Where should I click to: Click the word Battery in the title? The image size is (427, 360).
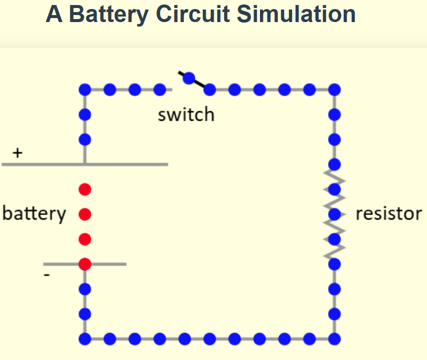[x=108, y=15]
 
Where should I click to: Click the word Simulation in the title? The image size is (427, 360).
[x=296, y=15]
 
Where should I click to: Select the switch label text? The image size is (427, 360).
[x=186, y=115]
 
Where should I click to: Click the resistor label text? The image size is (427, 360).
[x=388, y=214]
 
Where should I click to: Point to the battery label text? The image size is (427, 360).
[x=34, y=214]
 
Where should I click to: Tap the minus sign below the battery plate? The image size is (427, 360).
[x=47, y=275]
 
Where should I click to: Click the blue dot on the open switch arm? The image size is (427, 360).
[x=189, y=78]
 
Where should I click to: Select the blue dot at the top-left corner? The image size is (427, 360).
[x=85, y=90]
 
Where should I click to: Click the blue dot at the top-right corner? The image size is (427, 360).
[x=335, y=90]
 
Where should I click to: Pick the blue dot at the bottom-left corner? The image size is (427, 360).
[x=85, y=338]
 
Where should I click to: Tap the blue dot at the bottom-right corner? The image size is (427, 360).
[x=335, y=338]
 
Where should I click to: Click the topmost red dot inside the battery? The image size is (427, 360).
[x=85, y=189]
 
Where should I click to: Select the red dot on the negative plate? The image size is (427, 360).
[x=85, y=264]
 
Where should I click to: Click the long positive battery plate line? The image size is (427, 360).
[x=125, y=164]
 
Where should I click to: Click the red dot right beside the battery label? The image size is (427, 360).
[x=85, y=215]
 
